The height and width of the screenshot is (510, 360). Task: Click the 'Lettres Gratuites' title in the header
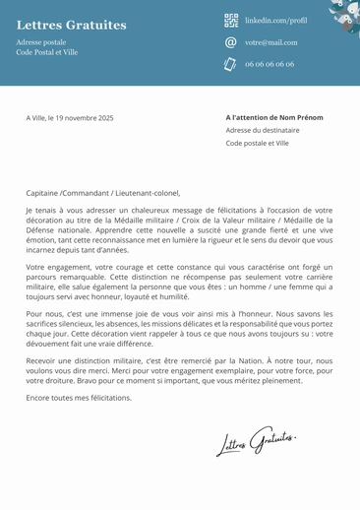pos(72,24)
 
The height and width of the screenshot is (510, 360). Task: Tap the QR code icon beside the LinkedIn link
pos(231,20)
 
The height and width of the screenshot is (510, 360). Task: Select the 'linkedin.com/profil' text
pos(275,20)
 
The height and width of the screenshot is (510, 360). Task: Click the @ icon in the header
pos(231,42)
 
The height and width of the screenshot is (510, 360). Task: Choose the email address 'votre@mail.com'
pos(270,42)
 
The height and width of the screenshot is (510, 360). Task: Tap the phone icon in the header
pos(231,64)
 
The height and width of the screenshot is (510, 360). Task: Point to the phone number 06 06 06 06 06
pos(270,64)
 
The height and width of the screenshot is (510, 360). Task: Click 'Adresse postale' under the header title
pos(41,42)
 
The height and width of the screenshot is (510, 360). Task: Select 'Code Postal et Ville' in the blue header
pos(47,52)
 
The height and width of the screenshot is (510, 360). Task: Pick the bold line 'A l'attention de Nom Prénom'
pos(273,117)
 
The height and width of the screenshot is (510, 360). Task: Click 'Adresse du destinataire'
pos(262,130)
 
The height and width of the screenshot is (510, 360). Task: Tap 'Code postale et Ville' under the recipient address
pos(258,143)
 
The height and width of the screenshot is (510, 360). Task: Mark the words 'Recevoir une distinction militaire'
pos(84,361)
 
